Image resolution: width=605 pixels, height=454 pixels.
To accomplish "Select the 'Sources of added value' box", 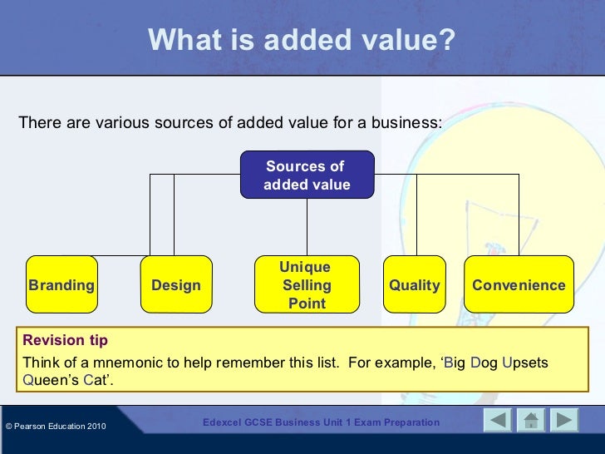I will point(307,175).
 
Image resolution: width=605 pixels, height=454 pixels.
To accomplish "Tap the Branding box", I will point(61,285).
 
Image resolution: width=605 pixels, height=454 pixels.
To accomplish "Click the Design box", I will point(175,285).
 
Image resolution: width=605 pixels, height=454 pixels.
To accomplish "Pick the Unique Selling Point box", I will point(305,285).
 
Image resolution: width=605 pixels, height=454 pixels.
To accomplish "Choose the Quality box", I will point(414,285).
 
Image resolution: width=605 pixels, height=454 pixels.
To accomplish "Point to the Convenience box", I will point(519,285).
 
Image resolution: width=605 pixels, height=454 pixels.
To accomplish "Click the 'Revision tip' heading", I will point(65,340).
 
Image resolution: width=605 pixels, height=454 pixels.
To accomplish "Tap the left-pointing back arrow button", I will point(498,421).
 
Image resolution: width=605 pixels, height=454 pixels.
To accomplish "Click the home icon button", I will point(531,421).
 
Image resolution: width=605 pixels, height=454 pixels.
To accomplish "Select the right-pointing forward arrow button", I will point(564,421).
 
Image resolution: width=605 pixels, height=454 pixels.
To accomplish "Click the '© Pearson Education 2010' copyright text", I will point(56,427).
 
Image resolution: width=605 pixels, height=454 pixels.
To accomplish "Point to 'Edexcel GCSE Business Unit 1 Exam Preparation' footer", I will point(321,422).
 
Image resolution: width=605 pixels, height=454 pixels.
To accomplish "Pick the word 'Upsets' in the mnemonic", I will point(525,363).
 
